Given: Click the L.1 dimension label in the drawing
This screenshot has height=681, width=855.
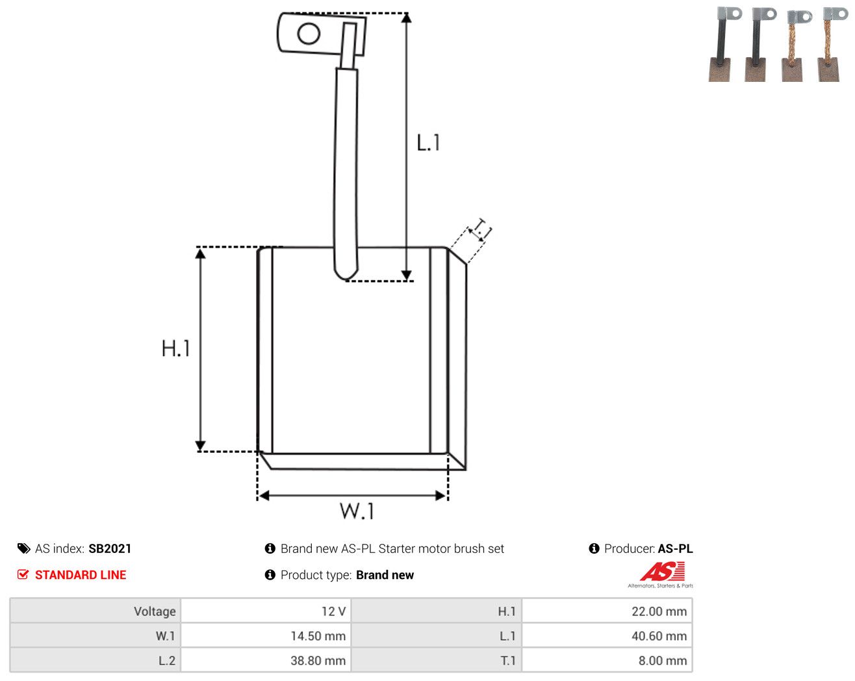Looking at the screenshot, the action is tap(428, 143).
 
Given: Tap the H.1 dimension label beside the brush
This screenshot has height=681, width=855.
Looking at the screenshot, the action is tap(175, 348).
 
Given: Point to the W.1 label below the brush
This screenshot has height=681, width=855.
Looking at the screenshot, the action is tap(357, 511).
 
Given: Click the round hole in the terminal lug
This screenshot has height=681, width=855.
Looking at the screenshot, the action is tap(309, 33).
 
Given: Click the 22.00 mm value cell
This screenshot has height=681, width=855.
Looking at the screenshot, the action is tap(659, 611).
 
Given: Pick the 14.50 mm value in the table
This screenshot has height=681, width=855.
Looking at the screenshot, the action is tap(318, 636).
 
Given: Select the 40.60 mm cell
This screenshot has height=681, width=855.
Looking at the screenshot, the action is tap(659, 636).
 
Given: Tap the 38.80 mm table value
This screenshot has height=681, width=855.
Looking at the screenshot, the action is tap(318, 660).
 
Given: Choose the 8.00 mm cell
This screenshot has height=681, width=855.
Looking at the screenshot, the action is tap(662, 660).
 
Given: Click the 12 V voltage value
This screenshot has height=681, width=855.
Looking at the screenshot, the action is tap(333, 611).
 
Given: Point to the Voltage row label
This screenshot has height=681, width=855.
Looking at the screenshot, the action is tap(155, 611).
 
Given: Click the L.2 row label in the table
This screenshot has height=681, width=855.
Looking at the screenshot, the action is tap(167, 660).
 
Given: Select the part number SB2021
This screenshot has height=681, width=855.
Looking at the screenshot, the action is tap(110, 548).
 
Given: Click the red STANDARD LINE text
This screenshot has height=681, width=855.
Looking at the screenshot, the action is tap(81, 574).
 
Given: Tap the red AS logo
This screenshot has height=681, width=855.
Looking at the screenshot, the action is tap(662, 571).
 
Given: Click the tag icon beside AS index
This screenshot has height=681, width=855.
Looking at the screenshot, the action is tap(24, 548).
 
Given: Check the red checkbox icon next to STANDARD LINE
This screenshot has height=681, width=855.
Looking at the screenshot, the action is tap(23, 574).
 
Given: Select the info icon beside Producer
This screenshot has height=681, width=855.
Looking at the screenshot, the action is tap(594, 548).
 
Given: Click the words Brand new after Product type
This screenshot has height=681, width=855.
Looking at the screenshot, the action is tap(385, 574).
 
